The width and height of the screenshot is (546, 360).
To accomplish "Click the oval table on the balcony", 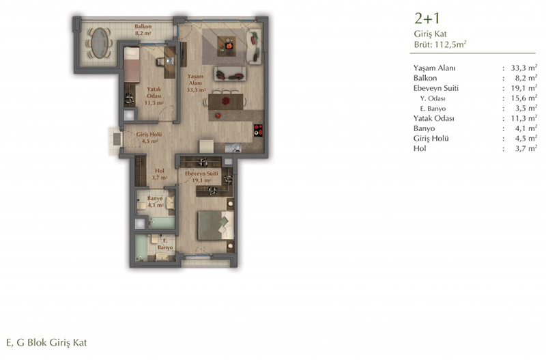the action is [100, 43].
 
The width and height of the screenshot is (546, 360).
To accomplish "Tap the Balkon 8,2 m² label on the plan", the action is [143, 30].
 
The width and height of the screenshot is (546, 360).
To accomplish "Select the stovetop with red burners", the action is [258, 130].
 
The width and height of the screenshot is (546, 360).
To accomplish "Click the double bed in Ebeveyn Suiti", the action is [216, 225].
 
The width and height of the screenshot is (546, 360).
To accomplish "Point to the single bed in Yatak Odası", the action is [132, 65].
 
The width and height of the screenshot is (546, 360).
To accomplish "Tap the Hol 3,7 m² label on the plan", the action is [160, 174].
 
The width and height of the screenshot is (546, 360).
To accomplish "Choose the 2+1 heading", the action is [427, 18].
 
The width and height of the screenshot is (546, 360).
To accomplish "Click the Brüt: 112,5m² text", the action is [440, 44].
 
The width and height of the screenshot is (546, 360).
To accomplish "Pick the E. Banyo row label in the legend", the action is [433, 109].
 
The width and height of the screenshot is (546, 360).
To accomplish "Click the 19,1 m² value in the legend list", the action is [523, 88].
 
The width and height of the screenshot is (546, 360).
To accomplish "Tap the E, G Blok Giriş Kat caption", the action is [46, 342].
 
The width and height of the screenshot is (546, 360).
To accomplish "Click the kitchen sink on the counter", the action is [233, 148].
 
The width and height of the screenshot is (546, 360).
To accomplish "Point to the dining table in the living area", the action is [226, 102].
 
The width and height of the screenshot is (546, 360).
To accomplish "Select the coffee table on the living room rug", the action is [227, 46].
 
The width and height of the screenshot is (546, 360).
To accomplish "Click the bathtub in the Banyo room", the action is [162, 223].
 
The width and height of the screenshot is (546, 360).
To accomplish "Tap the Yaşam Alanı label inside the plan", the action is [195, 83].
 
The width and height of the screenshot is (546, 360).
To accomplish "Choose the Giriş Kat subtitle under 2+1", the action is [430, 33].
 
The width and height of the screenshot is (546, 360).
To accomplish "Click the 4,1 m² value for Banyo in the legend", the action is [526, 128].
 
